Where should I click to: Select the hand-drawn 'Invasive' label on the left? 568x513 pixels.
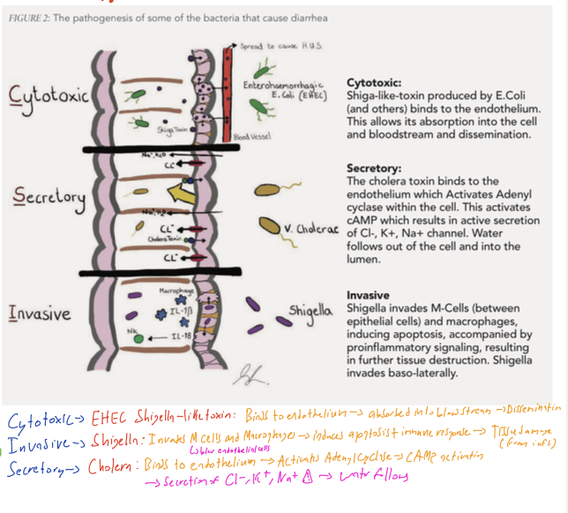click(x=41, y=313)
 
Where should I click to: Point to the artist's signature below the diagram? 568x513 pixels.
click(x=243, y=375)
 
